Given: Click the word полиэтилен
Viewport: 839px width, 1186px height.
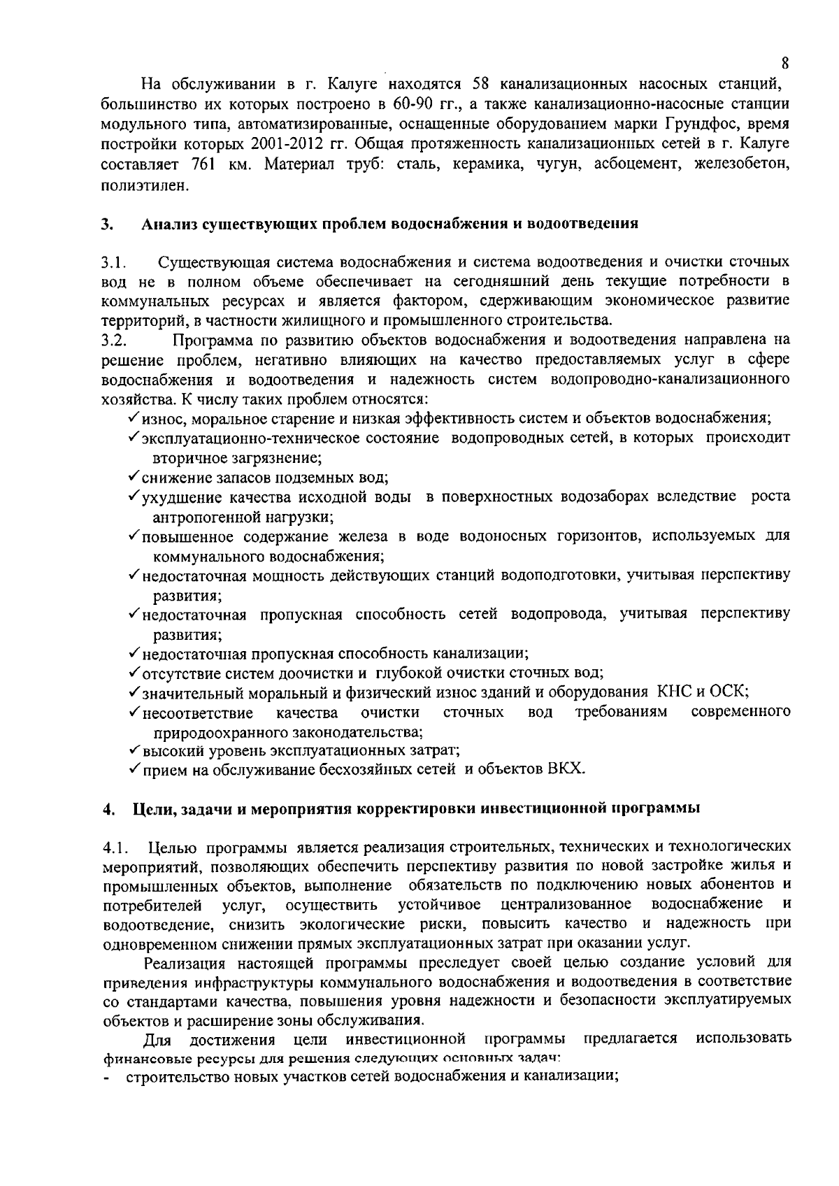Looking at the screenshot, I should coord(145,185).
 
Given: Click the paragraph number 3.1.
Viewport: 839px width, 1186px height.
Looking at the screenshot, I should coord(113,263).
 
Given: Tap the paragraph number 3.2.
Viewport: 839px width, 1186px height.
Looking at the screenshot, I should coord(113,341).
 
